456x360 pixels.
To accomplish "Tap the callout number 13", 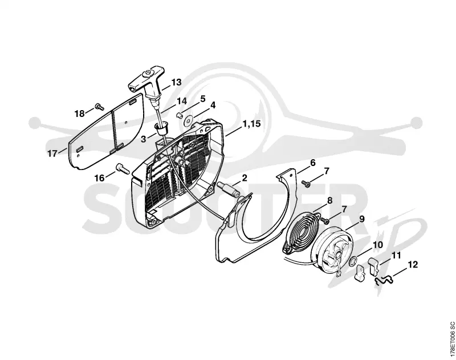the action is [x=176, y=82].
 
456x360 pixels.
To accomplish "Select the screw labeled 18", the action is [x=100, y=107].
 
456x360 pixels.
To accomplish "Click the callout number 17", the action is [x=52, y=153].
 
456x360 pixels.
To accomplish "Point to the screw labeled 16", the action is [x=123, y=168].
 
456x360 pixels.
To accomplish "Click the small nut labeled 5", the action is [x=180, y=115].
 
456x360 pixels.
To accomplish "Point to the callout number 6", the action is [x=312, y=163].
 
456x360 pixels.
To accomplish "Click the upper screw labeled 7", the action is [x=306, y=183].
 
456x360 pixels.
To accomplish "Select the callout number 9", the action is [x=361, y=219].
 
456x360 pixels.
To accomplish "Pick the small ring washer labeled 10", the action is [x=352, y=260].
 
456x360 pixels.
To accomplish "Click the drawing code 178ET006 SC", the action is [x=451, y=339].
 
